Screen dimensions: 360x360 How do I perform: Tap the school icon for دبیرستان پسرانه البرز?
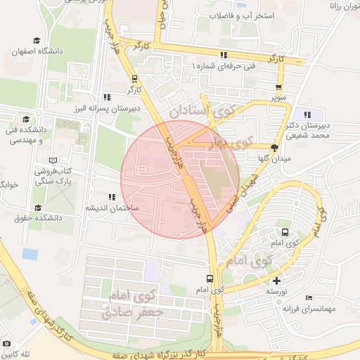106,97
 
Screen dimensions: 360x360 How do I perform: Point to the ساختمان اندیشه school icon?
112,198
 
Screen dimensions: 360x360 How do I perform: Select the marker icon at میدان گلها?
274,148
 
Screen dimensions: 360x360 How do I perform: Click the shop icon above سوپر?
279,88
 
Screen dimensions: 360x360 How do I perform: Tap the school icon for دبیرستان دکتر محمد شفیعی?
307,115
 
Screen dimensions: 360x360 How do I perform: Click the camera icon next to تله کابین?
6,343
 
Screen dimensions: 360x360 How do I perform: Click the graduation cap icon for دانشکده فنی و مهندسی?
26,120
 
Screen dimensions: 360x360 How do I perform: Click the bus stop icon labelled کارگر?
134,79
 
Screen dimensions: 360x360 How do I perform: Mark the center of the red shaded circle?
180,179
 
